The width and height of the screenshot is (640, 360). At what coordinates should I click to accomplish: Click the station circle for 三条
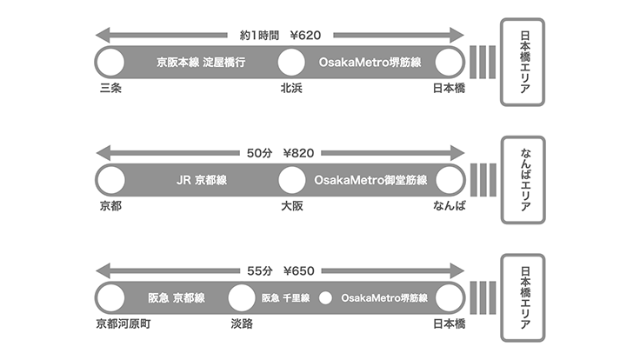(110, 63)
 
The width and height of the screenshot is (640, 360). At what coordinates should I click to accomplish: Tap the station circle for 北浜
(291, 63)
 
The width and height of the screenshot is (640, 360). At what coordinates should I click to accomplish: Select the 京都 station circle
(110, 180)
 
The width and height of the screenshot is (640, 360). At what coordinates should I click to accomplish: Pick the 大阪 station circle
(291, 180)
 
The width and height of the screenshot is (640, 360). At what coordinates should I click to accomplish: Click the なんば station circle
(449, 180)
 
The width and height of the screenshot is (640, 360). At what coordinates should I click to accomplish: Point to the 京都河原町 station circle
(110, 297)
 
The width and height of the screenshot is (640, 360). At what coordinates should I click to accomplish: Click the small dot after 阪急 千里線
(326, 297)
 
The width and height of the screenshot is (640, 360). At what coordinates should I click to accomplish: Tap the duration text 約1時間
(258, 36)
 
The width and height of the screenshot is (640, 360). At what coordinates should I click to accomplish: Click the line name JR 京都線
(201, 181)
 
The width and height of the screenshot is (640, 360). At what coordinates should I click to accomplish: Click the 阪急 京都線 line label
(176, 297)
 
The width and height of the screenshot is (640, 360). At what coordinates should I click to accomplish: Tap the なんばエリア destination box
(523, 181)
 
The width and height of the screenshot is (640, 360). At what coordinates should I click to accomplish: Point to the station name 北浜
(291, 89)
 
